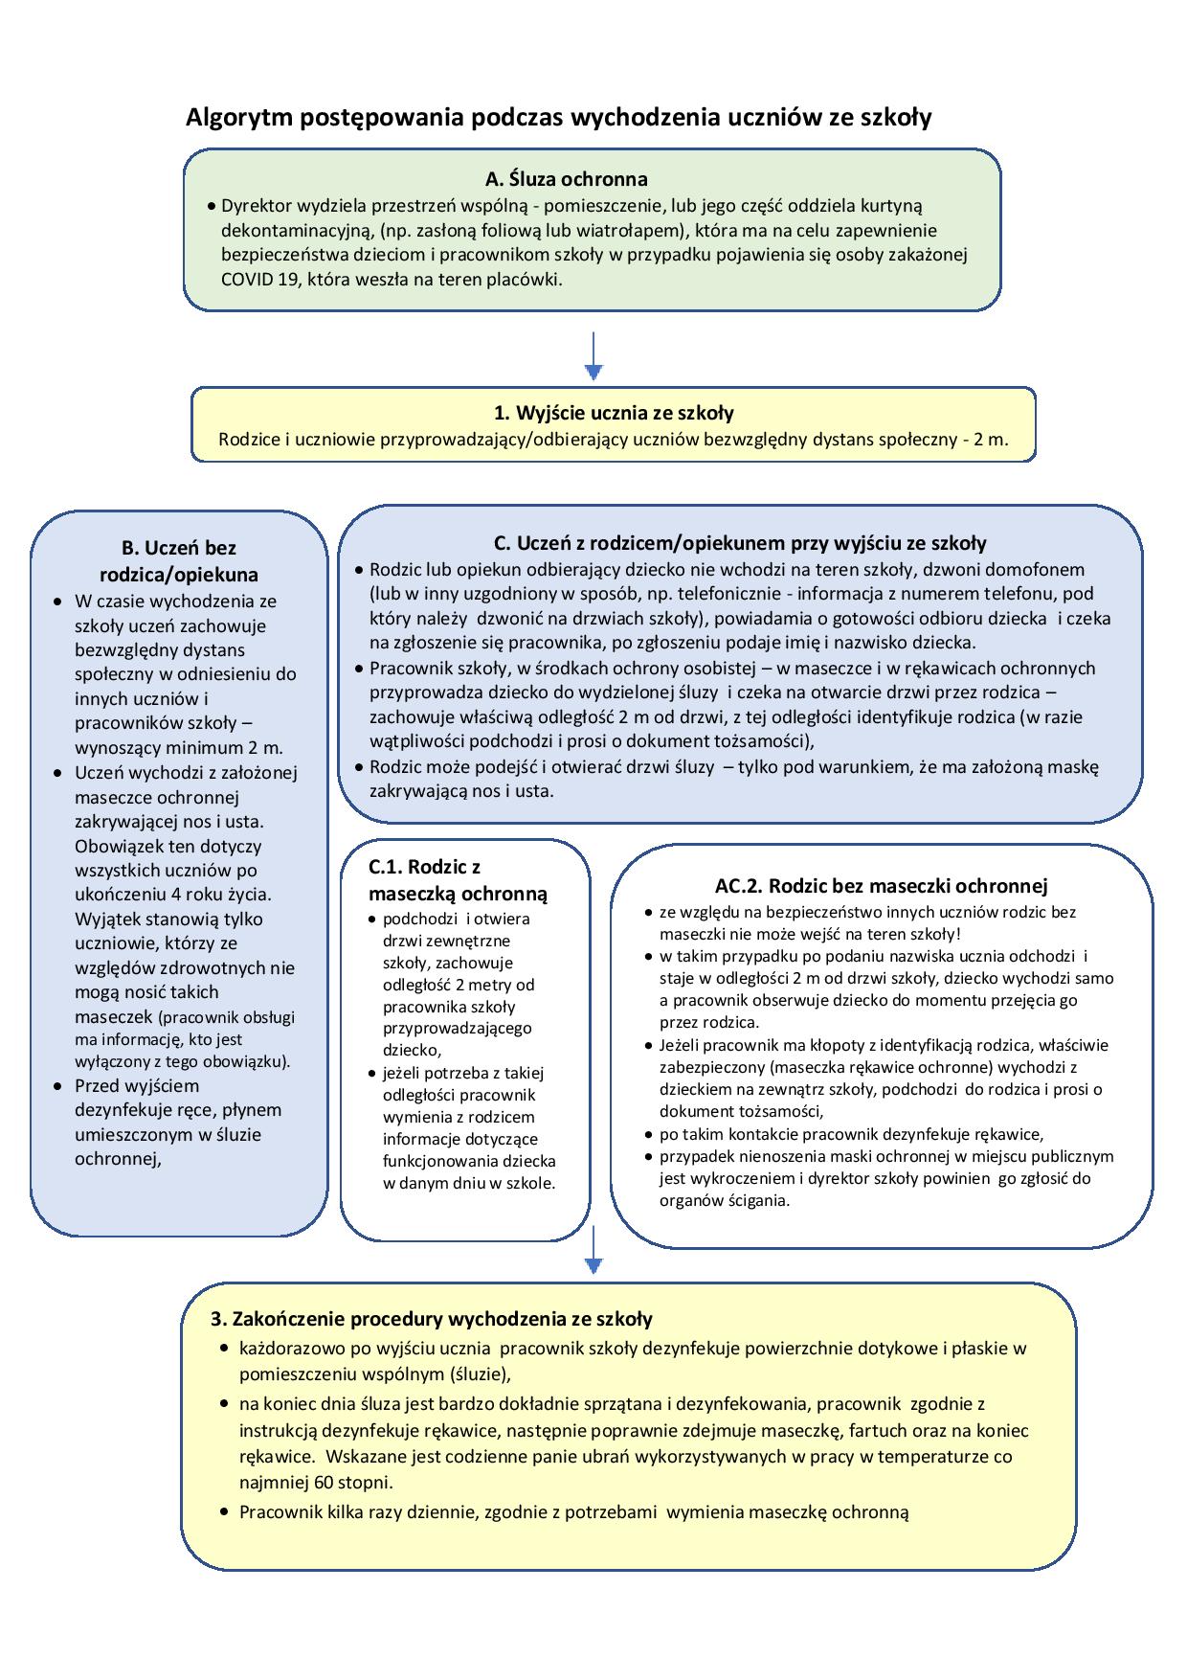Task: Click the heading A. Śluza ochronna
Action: tap(566, 179)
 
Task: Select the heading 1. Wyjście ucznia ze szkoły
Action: tap(614, 413)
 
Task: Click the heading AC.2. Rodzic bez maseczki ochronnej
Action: tap(881, 886)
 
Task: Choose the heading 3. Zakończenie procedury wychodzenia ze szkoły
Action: tap(432, 1319)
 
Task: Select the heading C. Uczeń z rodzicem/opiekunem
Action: tap(739, 543)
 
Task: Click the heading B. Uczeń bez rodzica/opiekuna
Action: tap(178, 561)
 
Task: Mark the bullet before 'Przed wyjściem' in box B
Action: tap(57, 1086)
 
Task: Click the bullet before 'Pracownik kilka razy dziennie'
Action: tap(223, 1512)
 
